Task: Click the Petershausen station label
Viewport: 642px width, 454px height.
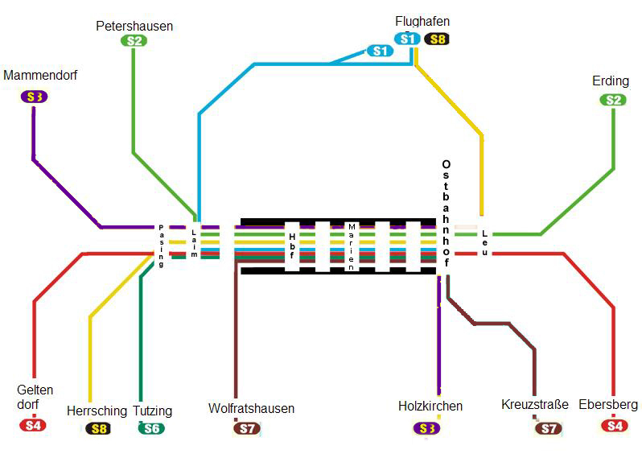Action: point(134,27)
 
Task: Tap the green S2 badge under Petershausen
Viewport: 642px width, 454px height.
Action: point(134,41)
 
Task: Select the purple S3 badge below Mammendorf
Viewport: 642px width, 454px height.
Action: point(35,97)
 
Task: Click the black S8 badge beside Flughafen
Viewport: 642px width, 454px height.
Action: point(437,39)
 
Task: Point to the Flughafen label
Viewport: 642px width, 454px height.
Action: point(422,21)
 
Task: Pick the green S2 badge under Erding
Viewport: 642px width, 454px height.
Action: point(613,100)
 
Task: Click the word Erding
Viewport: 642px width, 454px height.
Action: point(611,81)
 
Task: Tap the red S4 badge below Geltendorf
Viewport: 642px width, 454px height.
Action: point(33,425)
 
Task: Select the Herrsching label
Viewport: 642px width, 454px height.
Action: point(97,411)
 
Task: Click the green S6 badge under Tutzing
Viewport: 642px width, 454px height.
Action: point(151,428)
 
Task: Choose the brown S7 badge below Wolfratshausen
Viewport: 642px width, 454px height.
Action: point(247,428)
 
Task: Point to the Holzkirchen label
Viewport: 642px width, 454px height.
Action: point(430,406)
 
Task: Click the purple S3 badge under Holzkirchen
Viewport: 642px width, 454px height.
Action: point(426,428)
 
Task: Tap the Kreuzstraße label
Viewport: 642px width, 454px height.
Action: point(535,404)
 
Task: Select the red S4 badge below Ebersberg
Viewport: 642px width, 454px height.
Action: point(615,426)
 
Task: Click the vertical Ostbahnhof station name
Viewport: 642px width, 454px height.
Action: point(446,213)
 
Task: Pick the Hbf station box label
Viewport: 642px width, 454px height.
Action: point(292,246)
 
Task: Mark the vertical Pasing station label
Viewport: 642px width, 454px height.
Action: point(161,246)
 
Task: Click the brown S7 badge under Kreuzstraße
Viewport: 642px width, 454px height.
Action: point(549,428)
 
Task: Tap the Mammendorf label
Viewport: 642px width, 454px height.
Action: point(40,76)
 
